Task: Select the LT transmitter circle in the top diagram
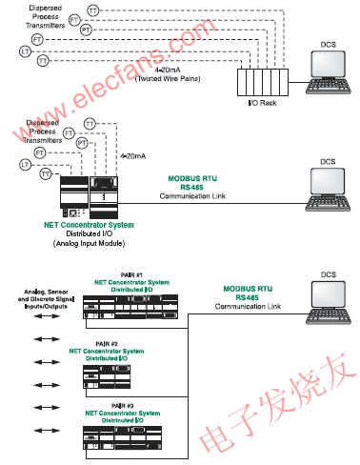pyautogui.click(x=25, y=50)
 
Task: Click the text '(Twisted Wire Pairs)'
pyautogui.click(x=196, y=78)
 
